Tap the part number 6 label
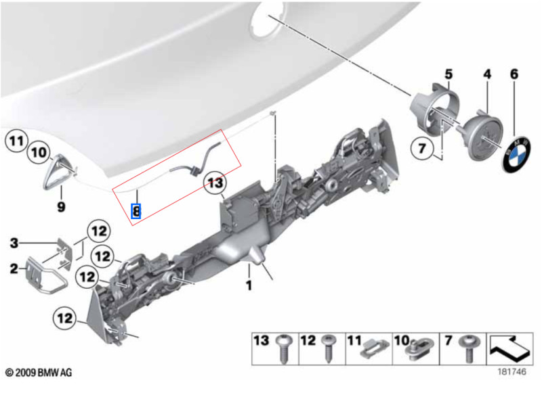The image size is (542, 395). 514,74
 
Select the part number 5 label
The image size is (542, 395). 449,74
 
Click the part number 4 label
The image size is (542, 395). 486,74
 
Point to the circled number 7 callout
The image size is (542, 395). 422,148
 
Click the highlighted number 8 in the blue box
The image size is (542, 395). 136,211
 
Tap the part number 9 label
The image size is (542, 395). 61,207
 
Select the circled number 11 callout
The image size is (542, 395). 16,141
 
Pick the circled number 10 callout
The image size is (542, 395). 39,152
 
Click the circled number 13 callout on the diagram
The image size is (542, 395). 215,183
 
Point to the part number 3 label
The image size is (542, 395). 14,243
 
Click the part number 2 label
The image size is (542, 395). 14,269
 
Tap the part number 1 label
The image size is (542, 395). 249,285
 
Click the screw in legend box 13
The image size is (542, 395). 283,348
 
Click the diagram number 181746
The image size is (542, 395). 512,371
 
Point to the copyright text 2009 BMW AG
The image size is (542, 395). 39,373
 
